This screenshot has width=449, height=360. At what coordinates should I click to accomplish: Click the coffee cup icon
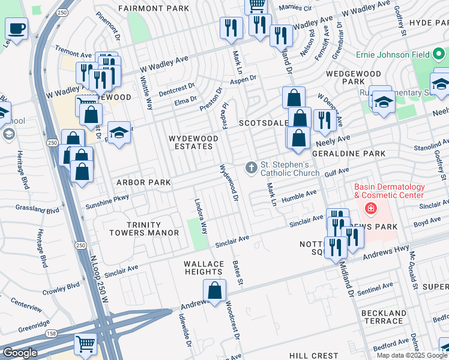coord(17,28)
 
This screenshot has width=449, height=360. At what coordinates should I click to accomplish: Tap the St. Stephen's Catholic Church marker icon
coord(251,167)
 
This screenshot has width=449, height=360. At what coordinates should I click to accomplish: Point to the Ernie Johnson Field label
coord(391,55)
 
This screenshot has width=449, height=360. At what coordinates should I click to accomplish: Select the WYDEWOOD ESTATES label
coord(193,142)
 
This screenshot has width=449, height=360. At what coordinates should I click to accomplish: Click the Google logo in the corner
coord(20,353)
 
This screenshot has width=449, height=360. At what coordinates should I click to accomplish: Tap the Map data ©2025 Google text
coord(412,355)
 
